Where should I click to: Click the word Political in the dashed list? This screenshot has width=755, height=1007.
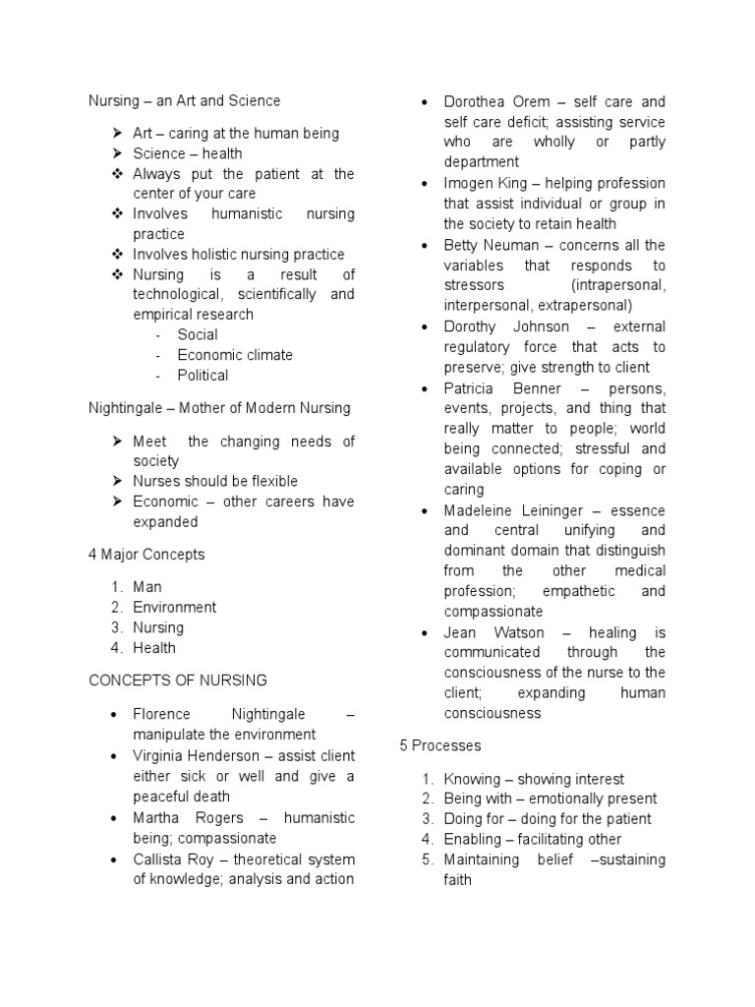203,376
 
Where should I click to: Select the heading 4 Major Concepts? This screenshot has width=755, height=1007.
146,555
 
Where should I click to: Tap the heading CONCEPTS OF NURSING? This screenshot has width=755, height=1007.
178,681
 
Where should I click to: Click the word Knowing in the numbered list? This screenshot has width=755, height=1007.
472,779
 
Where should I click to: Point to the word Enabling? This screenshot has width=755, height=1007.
473,839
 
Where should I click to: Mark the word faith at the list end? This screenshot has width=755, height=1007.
457,880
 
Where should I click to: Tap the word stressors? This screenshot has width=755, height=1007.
476,285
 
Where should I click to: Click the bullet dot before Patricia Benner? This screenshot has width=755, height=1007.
423,388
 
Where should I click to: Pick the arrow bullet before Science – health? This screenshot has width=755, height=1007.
115,153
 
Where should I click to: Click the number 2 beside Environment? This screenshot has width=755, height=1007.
115,608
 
